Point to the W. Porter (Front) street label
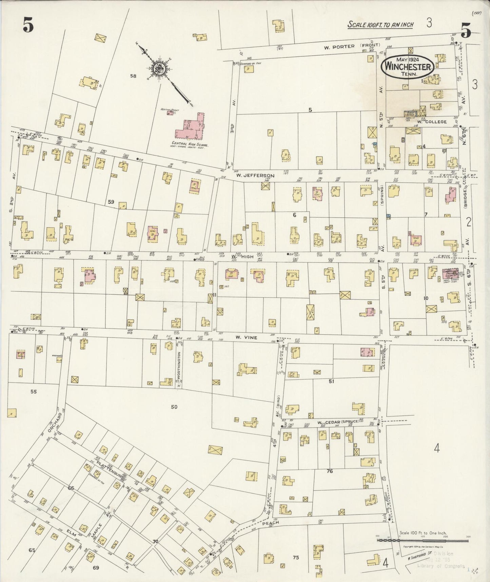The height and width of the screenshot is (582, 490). point(352,46)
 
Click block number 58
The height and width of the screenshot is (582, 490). point(133,76)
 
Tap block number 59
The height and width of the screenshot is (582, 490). point(111,202)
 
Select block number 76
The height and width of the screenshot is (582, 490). point(329,471)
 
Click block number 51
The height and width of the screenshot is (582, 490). point(331,381)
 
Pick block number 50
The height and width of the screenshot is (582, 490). point(174,406)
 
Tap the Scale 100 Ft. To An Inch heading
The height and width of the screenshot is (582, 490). point(380,25)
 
